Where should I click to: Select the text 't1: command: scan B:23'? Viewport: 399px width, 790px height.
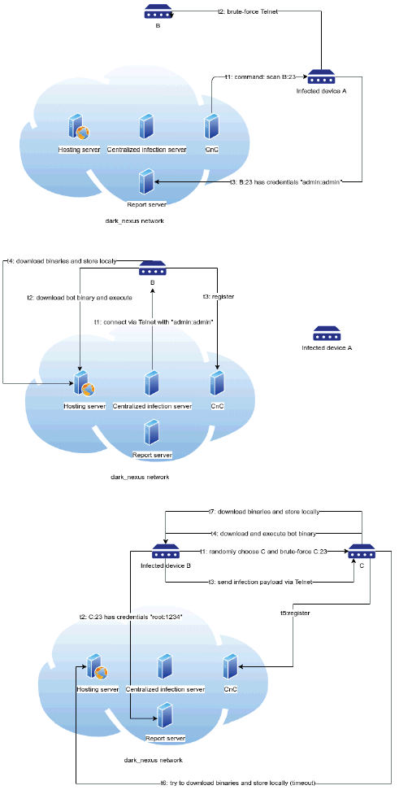point(259,77)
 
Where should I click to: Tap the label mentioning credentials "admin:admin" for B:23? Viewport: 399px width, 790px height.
point(286,181)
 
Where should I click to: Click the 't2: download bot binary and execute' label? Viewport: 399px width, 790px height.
point(80,298)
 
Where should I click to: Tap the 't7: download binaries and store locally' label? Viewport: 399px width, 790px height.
point(264,512)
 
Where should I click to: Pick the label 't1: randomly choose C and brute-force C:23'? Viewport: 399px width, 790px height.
point(264,552)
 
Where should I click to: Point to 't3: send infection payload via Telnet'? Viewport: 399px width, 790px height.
point(261,582)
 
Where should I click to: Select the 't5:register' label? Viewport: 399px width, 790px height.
point(295,613)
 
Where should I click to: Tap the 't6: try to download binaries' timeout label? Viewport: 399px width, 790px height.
point(237,783)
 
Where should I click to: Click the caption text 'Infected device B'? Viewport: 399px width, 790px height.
point(166,565)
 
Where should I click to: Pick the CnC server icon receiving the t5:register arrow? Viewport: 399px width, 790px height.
point(230,666)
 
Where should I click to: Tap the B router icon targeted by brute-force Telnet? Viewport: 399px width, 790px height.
point(158,12)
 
